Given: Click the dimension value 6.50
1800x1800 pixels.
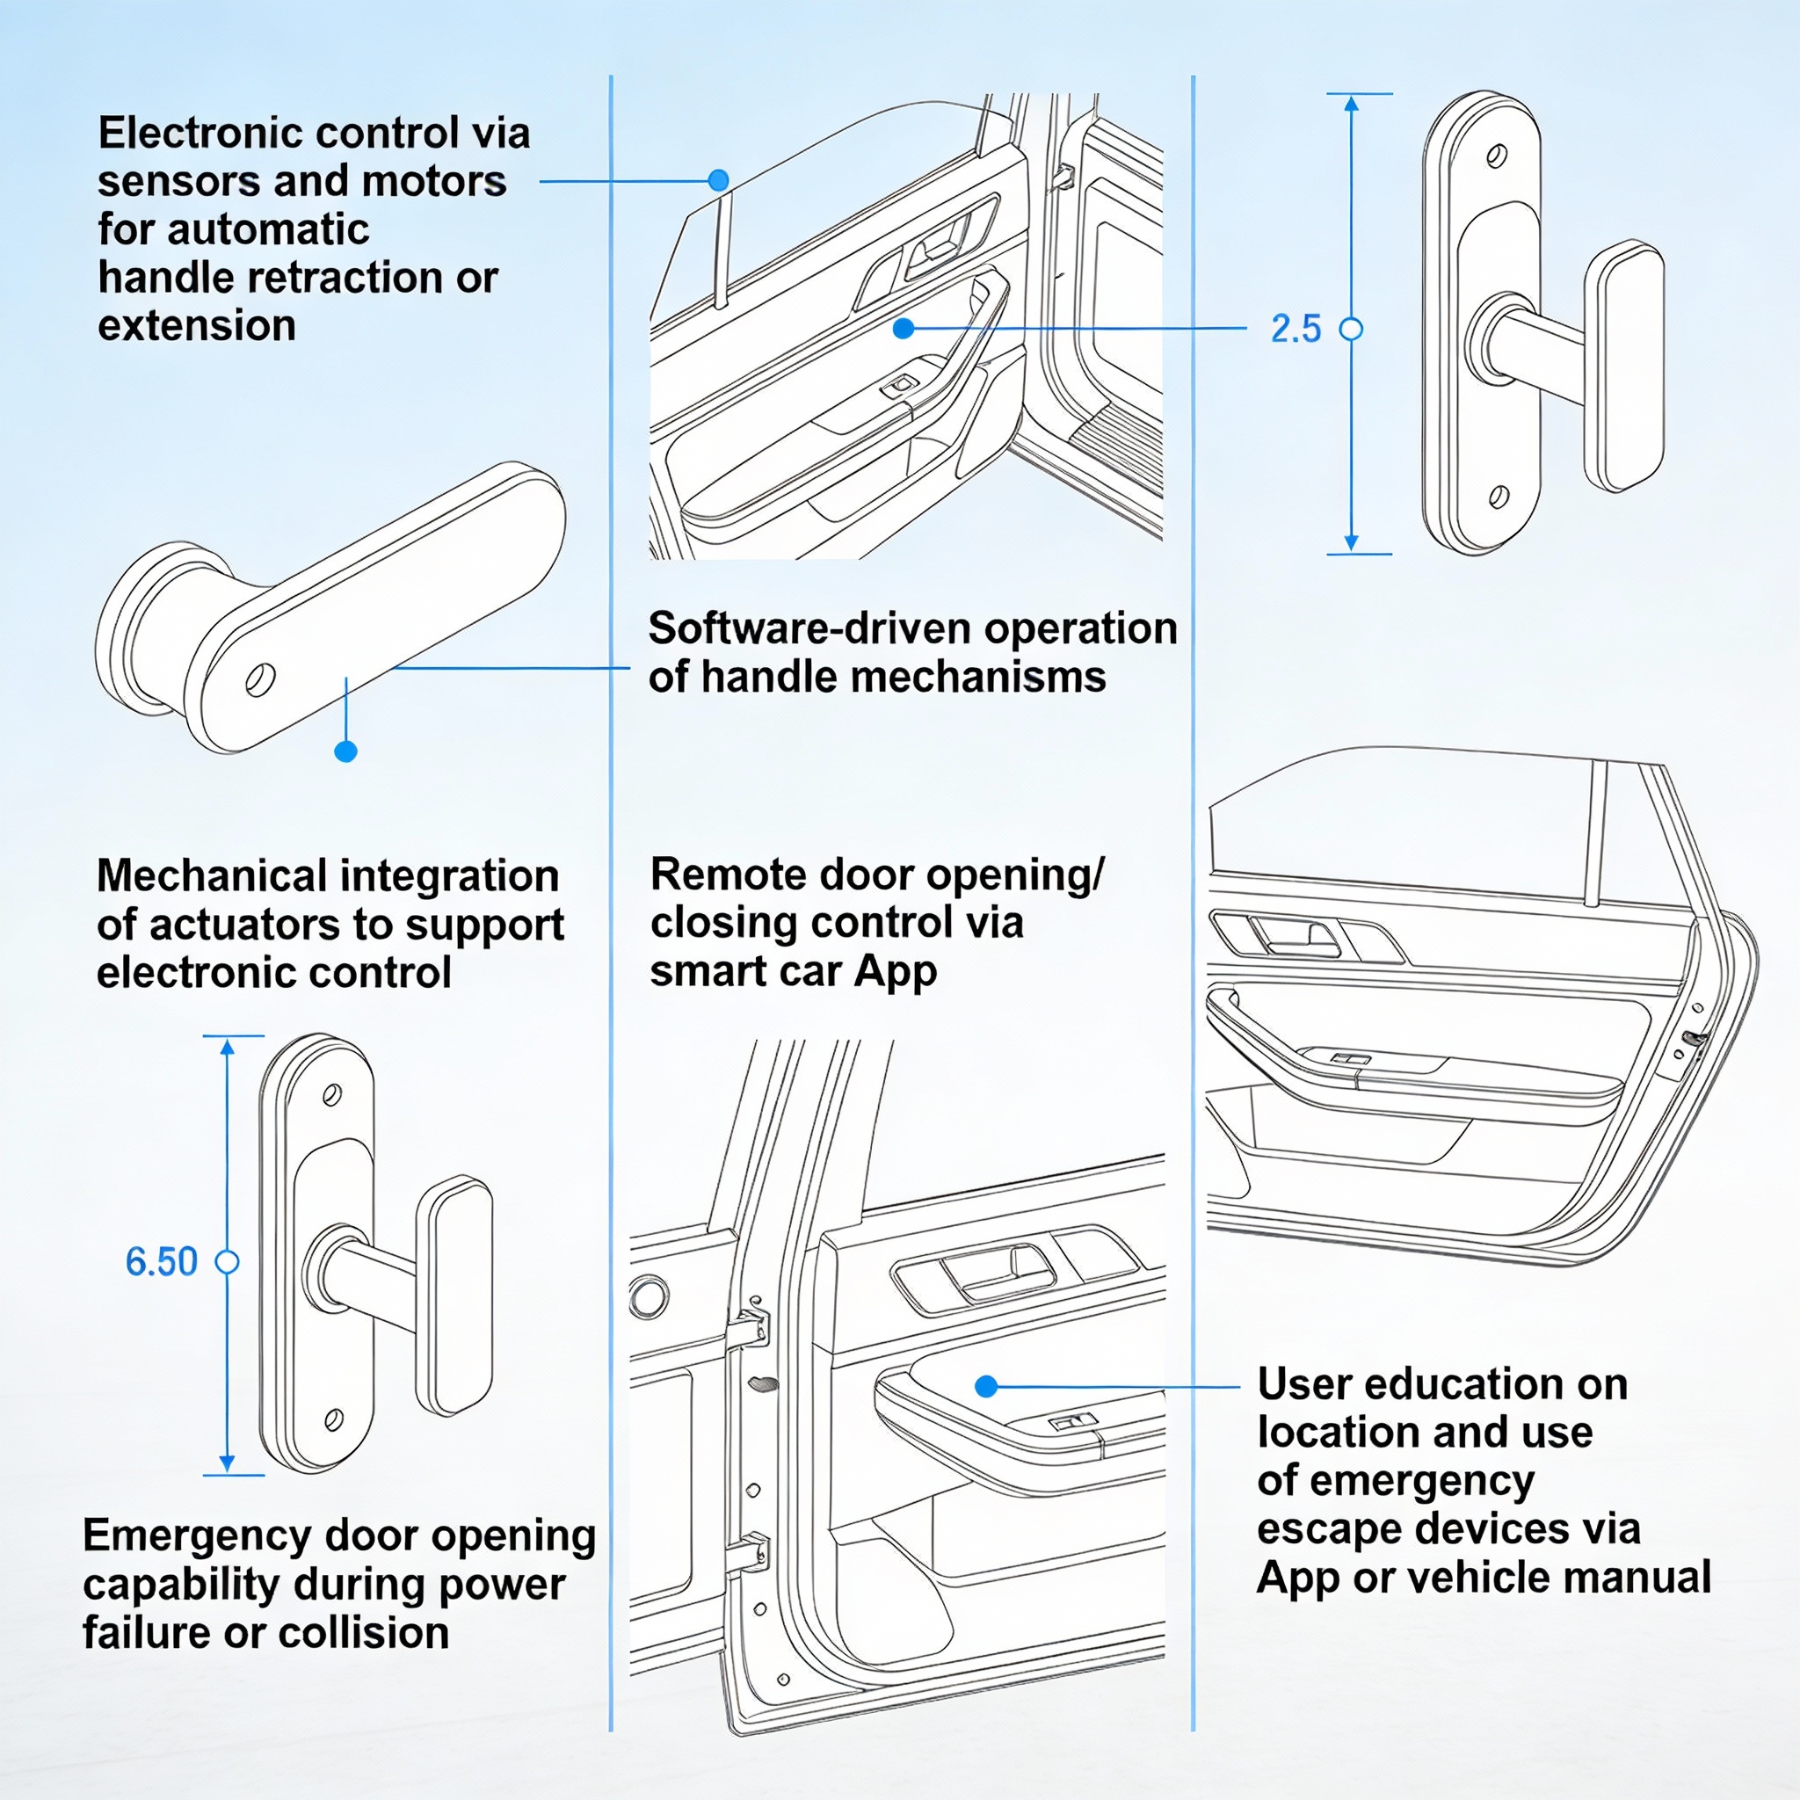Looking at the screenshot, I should coord(161,1261).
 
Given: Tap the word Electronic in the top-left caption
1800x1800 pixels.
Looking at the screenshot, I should coord(188,134).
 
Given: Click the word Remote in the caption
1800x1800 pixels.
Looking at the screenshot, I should coord(717,874).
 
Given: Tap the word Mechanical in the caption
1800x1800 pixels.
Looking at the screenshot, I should coord(212,875).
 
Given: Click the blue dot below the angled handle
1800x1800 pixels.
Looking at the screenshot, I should coord(345,751).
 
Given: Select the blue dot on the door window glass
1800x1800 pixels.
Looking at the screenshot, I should coord(717,180).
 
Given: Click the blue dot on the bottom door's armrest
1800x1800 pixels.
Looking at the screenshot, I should coord(987,1386).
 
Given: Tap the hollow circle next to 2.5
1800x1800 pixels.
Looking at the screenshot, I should coord(1351,329).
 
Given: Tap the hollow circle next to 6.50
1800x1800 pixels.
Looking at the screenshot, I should coord(228,1261).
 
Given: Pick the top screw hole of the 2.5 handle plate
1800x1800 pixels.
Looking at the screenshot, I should coord(1497,155).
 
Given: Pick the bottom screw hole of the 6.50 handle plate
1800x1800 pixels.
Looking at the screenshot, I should coord(332,1420).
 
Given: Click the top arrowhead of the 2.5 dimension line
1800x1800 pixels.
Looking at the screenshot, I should coord(1351,103).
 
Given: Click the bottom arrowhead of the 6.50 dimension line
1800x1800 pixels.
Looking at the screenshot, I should coord(228,1464).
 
